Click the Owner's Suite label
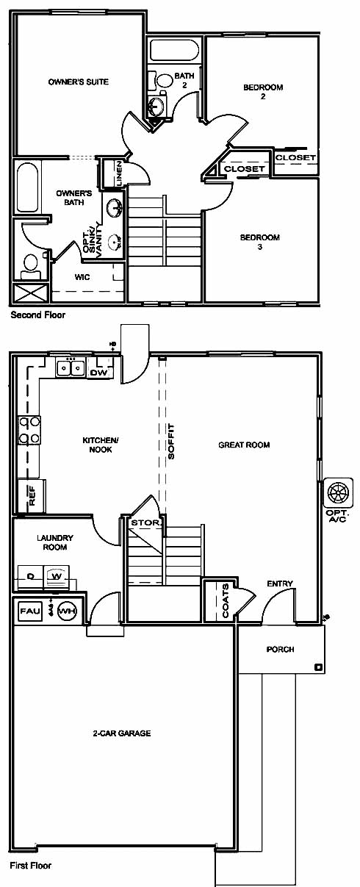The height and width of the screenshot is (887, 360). (79, 82)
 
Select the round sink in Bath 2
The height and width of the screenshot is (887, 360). (156, 105)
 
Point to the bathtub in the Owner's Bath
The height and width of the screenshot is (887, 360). (27, 188)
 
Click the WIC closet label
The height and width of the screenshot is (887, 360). (82, 277)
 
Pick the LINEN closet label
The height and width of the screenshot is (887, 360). (119, 173)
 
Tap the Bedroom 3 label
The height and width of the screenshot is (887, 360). (260, 242)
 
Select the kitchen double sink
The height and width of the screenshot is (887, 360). (70, 368)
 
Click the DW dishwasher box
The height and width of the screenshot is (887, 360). (99, 373)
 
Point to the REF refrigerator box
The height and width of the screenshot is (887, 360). (32, 495)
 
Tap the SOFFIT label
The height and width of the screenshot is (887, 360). (171, 442)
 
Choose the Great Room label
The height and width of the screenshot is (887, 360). (244, 445)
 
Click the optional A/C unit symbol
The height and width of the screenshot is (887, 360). (338, 492)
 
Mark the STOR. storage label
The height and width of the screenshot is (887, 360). (145, 523)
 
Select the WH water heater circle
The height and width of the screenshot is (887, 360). (67, 611)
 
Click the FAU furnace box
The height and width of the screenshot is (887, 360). (30, 611)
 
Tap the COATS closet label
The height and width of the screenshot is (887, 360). (226, 600)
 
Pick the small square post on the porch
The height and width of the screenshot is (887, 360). (317, 667)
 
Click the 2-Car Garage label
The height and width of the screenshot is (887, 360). (121, 733)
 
